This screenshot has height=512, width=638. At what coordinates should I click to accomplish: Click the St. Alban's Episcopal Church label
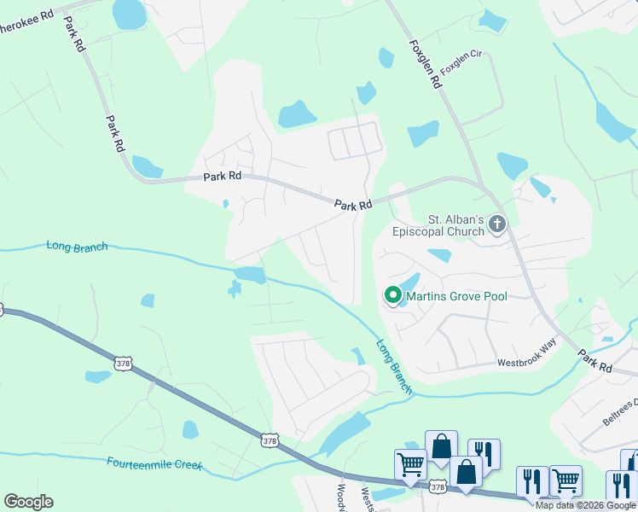(x=438, y=224)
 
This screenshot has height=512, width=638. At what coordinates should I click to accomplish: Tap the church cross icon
(x=496, y=224)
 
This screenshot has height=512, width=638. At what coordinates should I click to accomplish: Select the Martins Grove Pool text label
(x=456, y=296)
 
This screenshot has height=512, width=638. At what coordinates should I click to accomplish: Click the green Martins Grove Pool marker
(x=393, y=295)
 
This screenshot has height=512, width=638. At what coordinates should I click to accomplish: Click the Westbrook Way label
(x=527, y=364)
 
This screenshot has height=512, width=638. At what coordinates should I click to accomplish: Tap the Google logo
(x=28, y=502)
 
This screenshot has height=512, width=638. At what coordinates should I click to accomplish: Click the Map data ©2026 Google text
(x=585, y=505)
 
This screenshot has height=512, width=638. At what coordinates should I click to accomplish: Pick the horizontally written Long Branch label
(x=77, y=247)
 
